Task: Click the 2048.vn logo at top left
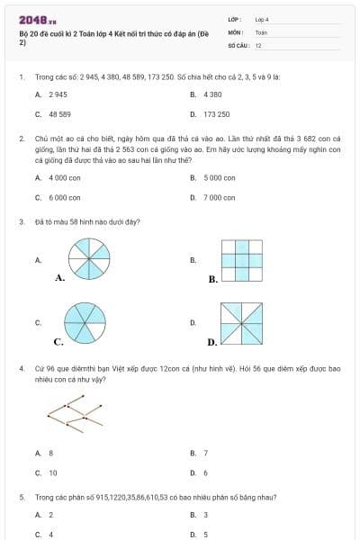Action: (x=31, y=19)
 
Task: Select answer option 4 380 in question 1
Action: (x=212, y=94)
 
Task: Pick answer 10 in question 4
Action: (x=53, y=472)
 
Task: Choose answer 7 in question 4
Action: (x=205, y=453)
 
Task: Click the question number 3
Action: (x=21, y=220)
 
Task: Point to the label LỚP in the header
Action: (x=236, y=19)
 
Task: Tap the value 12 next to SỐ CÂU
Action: (x=258, y=44)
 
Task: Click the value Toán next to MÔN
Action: (x=261, y=31)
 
